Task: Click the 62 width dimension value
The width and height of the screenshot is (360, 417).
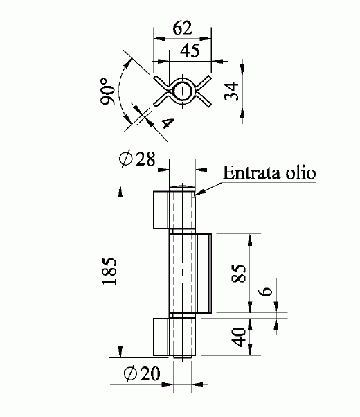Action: [182, 28]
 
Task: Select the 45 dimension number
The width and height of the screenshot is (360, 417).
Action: [190, 51]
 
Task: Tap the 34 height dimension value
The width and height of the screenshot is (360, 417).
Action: [231, 91]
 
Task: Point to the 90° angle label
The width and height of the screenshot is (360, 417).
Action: [107, 91]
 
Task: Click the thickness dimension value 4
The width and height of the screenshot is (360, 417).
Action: [168, 123]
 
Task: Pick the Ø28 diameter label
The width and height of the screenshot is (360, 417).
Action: [137, 159]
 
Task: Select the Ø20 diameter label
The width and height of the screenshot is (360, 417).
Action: [142, 373]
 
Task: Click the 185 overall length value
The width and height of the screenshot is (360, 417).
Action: [109, 271]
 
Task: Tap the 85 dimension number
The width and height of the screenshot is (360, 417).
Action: [238, 273]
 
